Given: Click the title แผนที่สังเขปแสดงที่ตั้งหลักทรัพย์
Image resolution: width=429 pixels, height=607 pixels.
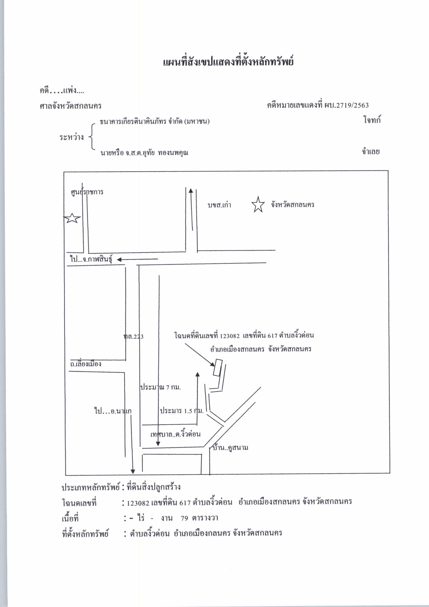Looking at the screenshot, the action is [x=228, y=62].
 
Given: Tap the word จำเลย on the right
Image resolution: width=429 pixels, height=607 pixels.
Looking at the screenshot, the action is [x=371, y=151].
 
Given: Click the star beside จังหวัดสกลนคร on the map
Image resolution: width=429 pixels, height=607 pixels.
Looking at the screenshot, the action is [x=258, y=205].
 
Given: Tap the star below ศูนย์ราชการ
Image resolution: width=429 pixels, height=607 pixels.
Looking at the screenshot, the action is [x=72, y=218].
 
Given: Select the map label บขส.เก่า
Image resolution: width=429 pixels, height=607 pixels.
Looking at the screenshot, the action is [x=219, y=205].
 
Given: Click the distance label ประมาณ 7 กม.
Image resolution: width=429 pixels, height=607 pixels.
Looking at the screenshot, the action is [x=160, y=387].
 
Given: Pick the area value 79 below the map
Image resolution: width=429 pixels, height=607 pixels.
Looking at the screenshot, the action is [x=185, y=518].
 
